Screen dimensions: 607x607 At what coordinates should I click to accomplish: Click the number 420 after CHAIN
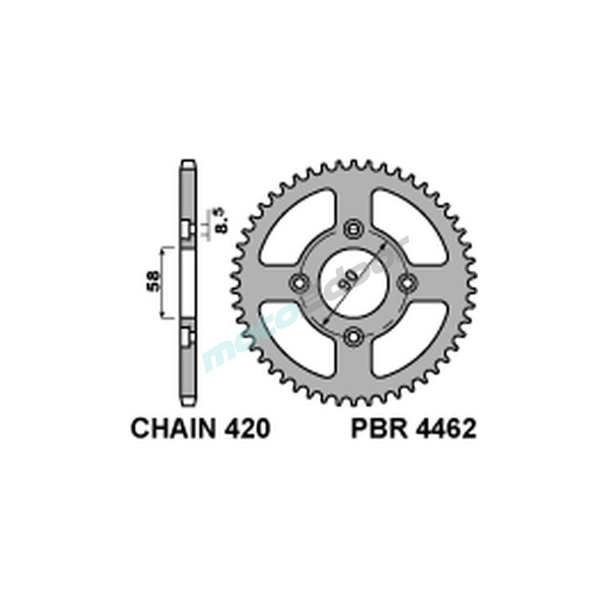[245, 429]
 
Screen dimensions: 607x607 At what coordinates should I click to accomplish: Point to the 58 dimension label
[154, 281]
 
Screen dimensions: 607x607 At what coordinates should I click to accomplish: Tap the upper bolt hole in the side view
[187, 229]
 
